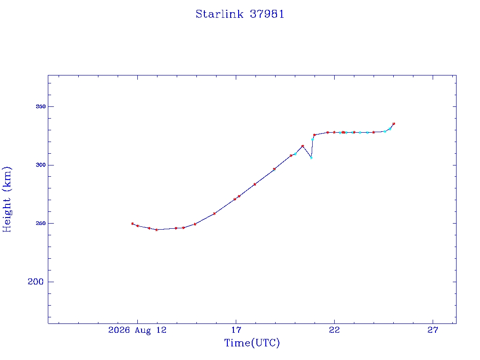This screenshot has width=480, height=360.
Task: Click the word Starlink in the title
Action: point(219,14)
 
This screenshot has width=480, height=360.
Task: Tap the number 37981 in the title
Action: point(267,14)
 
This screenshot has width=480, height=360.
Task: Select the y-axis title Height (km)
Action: point(7,199)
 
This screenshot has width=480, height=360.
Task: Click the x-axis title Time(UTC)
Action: point(252,343)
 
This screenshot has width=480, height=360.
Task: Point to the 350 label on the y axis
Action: point(41,106)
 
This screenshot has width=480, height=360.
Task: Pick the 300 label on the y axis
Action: point(41,165)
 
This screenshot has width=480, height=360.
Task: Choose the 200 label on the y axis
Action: point(36,282)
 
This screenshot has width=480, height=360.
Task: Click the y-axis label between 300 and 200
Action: point(41,224)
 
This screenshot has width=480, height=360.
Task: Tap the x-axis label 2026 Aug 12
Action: point(137,330)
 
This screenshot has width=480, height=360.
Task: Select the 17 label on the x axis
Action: point(236,330)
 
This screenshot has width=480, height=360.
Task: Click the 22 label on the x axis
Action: point(334,330)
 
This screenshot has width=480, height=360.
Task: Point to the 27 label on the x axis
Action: point(433,330)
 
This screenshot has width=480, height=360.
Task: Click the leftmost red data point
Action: point(132,224)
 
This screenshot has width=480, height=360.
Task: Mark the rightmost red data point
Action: point(394,124)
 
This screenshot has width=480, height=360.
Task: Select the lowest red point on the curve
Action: point(157,230)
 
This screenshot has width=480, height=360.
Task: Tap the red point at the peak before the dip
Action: point(302,146)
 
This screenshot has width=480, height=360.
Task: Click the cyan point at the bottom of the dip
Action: point(311,158)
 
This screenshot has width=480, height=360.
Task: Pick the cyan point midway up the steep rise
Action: point(312,139)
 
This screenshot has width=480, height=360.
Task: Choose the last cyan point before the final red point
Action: point(390,129)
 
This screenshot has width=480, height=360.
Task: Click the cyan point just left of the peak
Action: point(295,154)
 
